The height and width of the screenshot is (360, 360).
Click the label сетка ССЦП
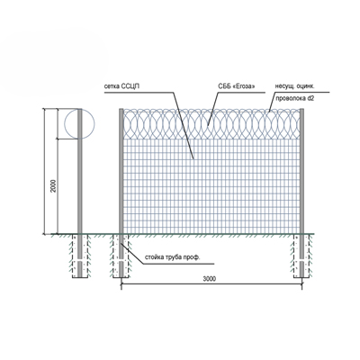[121, 86]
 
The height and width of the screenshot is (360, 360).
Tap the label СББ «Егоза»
[237, 86]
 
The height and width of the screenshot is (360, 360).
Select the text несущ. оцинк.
[295, 86]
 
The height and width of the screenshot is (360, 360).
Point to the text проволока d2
[295, 98]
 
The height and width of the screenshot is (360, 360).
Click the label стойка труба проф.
[172, 257]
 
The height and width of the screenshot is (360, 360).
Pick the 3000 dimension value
[210, 279]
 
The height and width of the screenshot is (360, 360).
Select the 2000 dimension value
[53, 186]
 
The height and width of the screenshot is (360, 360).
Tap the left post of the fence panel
[121, 171]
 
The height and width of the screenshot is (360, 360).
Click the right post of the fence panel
[301, 171]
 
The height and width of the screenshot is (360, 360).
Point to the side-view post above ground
[79, 171]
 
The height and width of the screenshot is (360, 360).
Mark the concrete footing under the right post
[301, 256]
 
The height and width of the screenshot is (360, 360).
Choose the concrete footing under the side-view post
[79, 256]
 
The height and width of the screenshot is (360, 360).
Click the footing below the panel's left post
[121, 256]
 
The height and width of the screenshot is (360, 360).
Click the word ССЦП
[130, 86]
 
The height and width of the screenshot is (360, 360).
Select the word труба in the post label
[174, 257]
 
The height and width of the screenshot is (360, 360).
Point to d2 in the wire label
[310, 98]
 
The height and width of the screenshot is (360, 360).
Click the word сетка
[112, 86]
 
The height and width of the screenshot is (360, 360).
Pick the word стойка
[154, 257]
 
